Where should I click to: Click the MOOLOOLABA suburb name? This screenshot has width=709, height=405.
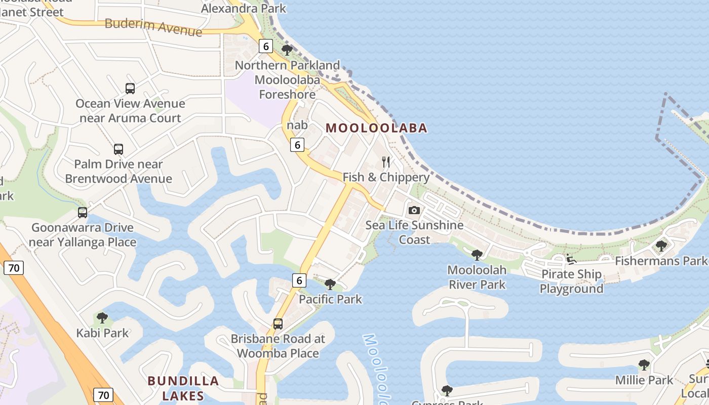pyautogui.click(x=377, y=128)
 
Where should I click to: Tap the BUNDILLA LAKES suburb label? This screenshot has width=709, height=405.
pyautogui.click(x=183, y=388)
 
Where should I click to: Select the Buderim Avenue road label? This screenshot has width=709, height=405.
pyautogui.click(x=153, y=27)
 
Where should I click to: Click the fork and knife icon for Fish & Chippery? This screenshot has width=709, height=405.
pyautogui.click(x=386, y=162)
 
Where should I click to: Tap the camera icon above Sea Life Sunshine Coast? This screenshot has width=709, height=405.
pyautogui.click(x=414, y=210)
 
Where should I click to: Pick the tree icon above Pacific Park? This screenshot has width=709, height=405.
pyautogui.click(x=330, y=285)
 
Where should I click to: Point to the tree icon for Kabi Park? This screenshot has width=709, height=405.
pyautogui.click(x=102, y=318)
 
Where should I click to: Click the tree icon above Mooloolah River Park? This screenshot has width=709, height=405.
pyautogui.click(x=477, y=255)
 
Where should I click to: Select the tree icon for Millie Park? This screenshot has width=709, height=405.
pyautogui.click(x=644, y=365)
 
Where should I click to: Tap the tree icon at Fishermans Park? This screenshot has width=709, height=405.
pyautogui.click(x=661, y=246)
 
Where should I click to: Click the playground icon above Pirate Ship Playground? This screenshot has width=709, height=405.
pyautogui.click(x=571, y=259)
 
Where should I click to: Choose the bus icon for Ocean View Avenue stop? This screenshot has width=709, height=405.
pyautogui.click(x=130, y=89)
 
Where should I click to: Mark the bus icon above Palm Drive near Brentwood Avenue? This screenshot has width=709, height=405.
pyautogui.click(x=119, y=149)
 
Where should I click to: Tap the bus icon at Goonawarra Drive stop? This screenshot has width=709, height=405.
pyautogui.click(x=83, y=213)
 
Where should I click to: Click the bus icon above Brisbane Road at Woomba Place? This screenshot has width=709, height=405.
pyautogui.click(x=278, y=324)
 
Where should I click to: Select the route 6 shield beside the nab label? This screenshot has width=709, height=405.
pyautogui.click(x=298, y=145)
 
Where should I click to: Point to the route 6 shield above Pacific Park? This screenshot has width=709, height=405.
pyautogui.click(x=299, y=280)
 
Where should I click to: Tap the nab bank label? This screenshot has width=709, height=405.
pyautogui.click(x=297, y=125)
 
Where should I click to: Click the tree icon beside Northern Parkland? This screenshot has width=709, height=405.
pyautogui.click(x=287, y=50)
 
